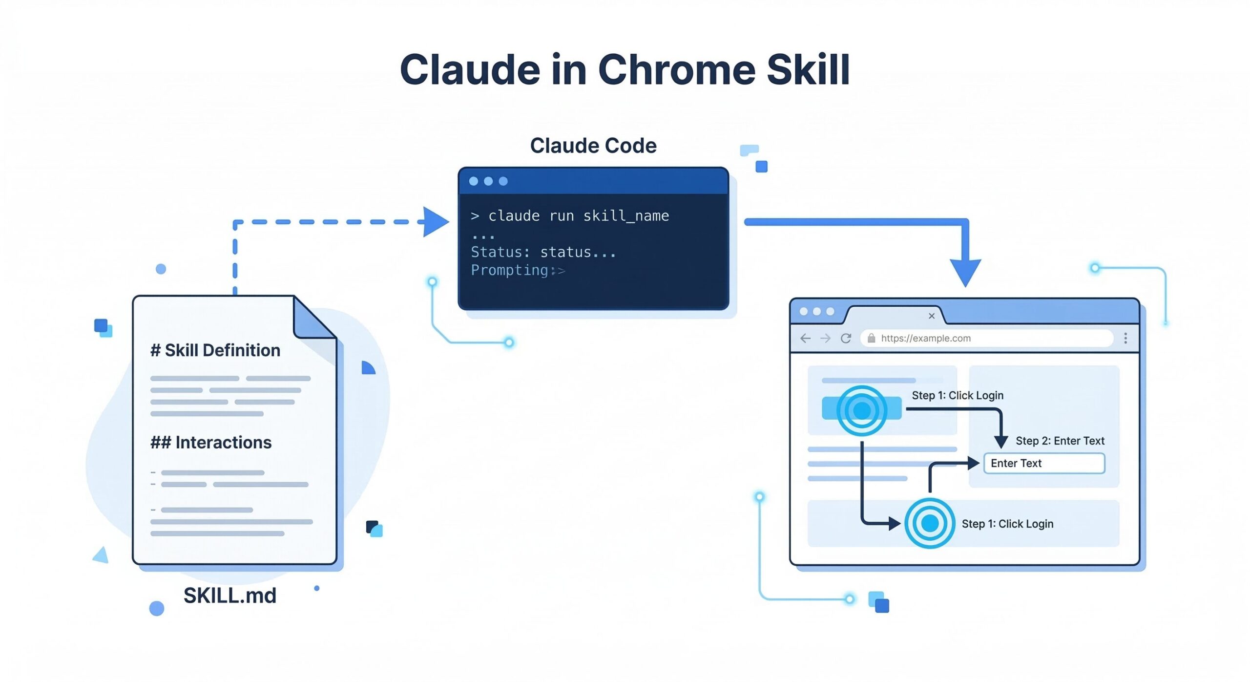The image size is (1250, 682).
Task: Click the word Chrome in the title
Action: [677, 70]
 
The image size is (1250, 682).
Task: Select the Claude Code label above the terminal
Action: [593, 146]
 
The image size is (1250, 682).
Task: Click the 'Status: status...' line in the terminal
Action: [543, 252]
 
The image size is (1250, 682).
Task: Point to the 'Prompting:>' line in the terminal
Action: [518, 270]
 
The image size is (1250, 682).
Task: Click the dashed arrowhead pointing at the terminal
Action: [435, 222]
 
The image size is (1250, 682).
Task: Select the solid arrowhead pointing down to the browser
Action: [965, 273]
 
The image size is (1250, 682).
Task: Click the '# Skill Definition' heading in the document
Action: [215, 350]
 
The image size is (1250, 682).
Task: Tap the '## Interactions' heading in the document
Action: [211, 442]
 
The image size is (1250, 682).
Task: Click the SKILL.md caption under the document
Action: [229, 596]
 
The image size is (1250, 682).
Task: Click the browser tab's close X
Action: [932, 316]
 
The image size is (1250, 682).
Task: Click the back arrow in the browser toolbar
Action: [806, 338]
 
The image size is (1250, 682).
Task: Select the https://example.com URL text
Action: [925, 338]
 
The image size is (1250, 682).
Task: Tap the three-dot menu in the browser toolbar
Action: [1125, 338]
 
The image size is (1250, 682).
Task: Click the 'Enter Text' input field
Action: [1044, 463]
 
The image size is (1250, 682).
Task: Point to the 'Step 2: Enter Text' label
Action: [1060, 441]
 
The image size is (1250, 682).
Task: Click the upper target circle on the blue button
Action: [862, 410]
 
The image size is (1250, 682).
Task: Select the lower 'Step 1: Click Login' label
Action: [1007, 524]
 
